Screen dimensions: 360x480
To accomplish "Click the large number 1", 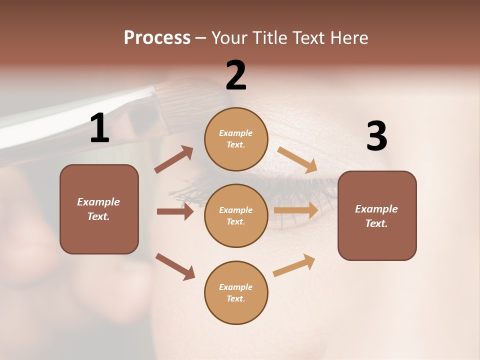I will click(99, 128).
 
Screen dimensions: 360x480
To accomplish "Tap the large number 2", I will click(236, 75).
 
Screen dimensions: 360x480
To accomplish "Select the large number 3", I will click(376, 136).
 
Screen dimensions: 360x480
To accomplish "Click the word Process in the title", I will click(157, 37).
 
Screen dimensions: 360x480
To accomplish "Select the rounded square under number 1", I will click(99, 209).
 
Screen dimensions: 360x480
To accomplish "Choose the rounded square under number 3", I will click(377, 216).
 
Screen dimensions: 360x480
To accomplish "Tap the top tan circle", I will click(236, 139).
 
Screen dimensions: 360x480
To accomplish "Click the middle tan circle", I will click(236, 216).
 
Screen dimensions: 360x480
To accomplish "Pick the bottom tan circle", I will click(236, 293).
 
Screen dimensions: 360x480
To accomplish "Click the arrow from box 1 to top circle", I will click(173, 159).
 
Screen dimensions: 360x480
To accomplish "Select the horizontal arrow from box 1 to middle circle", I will click(175, 211).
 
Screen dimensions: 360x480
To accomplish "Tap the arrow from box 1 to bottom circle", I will click(175, 266).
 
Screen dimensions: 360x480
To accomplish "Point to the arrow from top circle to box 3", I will click(297, 159).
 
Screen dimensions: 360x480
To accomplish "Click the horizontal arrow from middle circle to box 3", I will click(296, 210).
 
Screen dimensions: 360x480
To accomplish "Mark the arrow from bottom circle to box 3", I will click(294, 265).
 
